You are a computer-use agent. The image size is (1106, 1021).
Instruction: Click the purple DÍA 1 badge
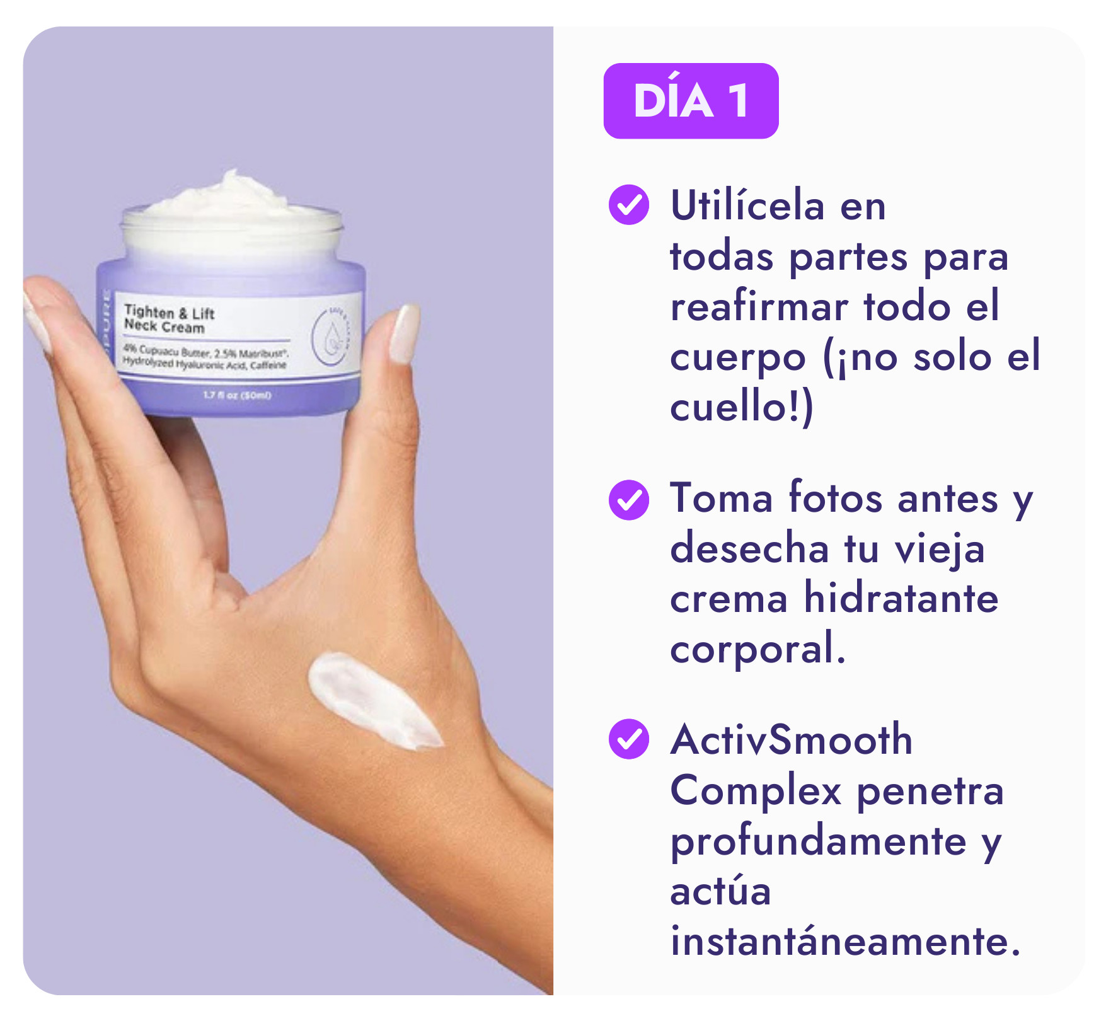point(691,101)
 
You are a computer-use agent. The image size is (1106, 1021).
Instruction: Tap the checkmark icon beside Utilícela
point(628,205)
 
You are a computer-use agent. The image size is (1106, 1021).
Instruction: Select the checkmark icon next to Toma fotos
point(628,500)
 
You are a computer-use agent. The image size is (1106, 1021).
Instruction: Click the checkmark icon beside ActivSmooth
point(628,739)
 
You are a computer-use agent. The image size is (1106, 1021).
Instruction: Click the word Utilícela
point(747,205)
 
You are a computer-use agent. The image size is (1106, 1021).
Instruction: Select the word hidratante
point(901,599)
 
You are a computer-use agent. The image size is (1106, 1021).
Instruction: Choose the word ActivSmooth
point(792,740)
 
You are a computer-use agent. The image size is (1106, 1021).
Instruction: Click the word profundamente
point(818,842)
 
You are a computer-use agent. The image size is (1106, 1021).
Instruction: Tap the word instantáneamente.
point(844,942)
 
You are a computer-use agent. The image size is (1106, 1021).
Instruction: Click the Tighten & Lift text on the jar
point(170,312)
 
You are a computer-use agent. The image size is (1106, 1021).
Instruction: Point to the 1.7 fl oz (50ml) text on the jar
point(237,395)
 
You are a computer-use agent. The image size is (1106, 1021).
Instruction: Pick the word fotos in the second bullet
point(835,499)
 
